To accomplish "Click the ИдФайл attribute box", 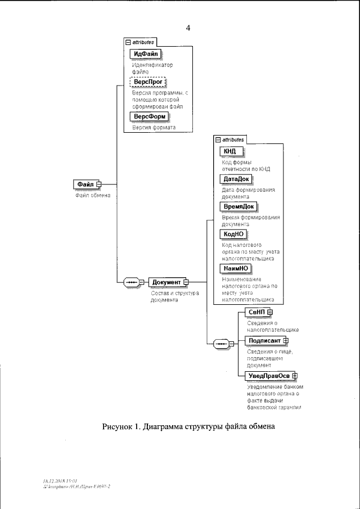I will pos(146,54).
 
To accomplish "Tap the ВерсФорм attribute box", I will pos(149,116).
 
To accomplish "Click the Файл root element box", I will pos(85,184).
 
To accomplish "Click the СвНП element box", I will pos(255,312).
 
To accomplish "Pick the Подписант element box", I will pos(264,340).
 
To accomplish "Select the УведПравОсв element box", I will pos(269,376).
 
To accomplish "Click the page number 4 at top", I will pos(188,28).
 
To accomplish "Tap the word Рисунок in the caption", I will pos(119,427).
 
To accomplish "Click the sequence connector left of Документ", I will pos(132,282).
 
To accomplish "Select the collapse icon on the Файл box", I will pos(99,184).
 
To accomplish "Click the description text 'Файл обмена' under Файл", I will pos(93,195).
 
